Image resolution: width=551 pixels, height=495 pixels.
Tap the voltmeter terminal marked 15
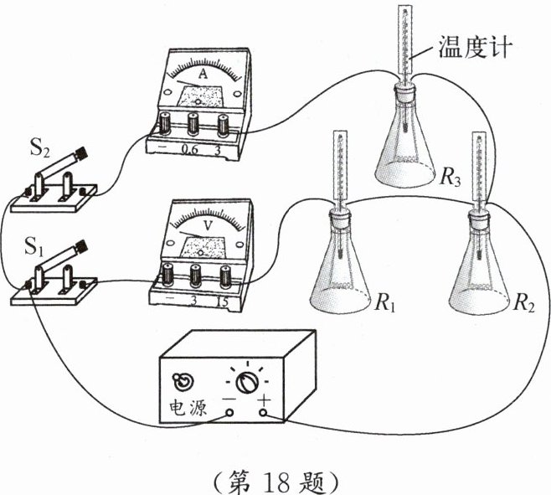point(224,274)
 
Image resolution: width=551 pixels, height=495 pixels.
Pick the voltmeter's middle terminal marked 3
point(197,274)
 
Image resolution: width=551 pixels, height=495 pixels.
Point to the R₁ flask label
point(384,303)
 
